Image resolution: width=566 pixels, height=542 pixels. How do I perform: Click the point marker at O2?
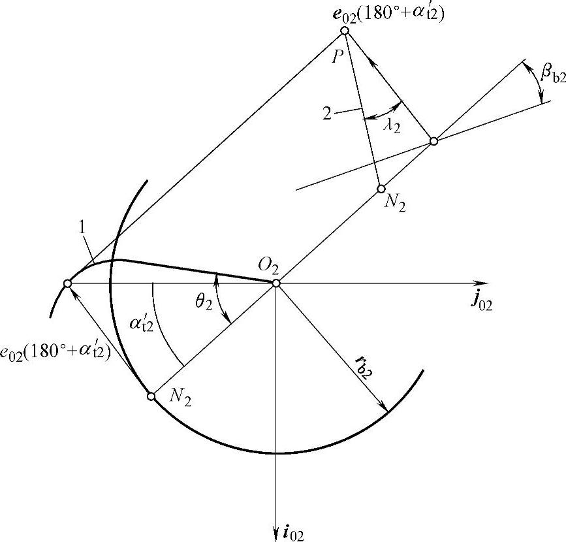(276, 283)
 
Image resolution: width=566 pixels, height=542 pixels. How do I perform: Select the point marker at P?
(345, 31)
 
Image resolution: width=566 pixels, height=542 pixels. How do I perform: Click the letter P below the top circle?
(337, 55)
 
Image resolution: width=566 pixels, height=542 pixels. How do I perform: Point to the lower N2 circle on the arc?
(151, 396)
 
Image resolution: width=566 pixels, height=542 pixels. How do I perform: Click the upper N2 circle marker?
(381, 189)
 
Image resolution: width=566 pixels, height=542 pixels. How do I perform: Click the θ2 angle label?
(204, 303)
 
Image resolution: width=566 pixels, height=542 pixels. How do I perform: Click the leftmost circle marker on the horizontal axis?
(67, 283)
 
